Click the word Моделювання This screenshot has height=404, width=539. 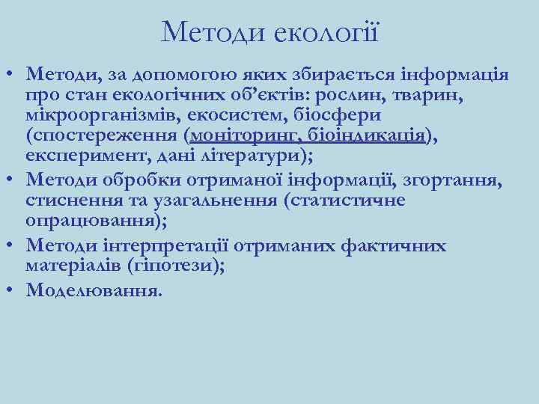point(92,290)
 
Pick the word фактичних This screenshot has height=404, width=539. point(400,246)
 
